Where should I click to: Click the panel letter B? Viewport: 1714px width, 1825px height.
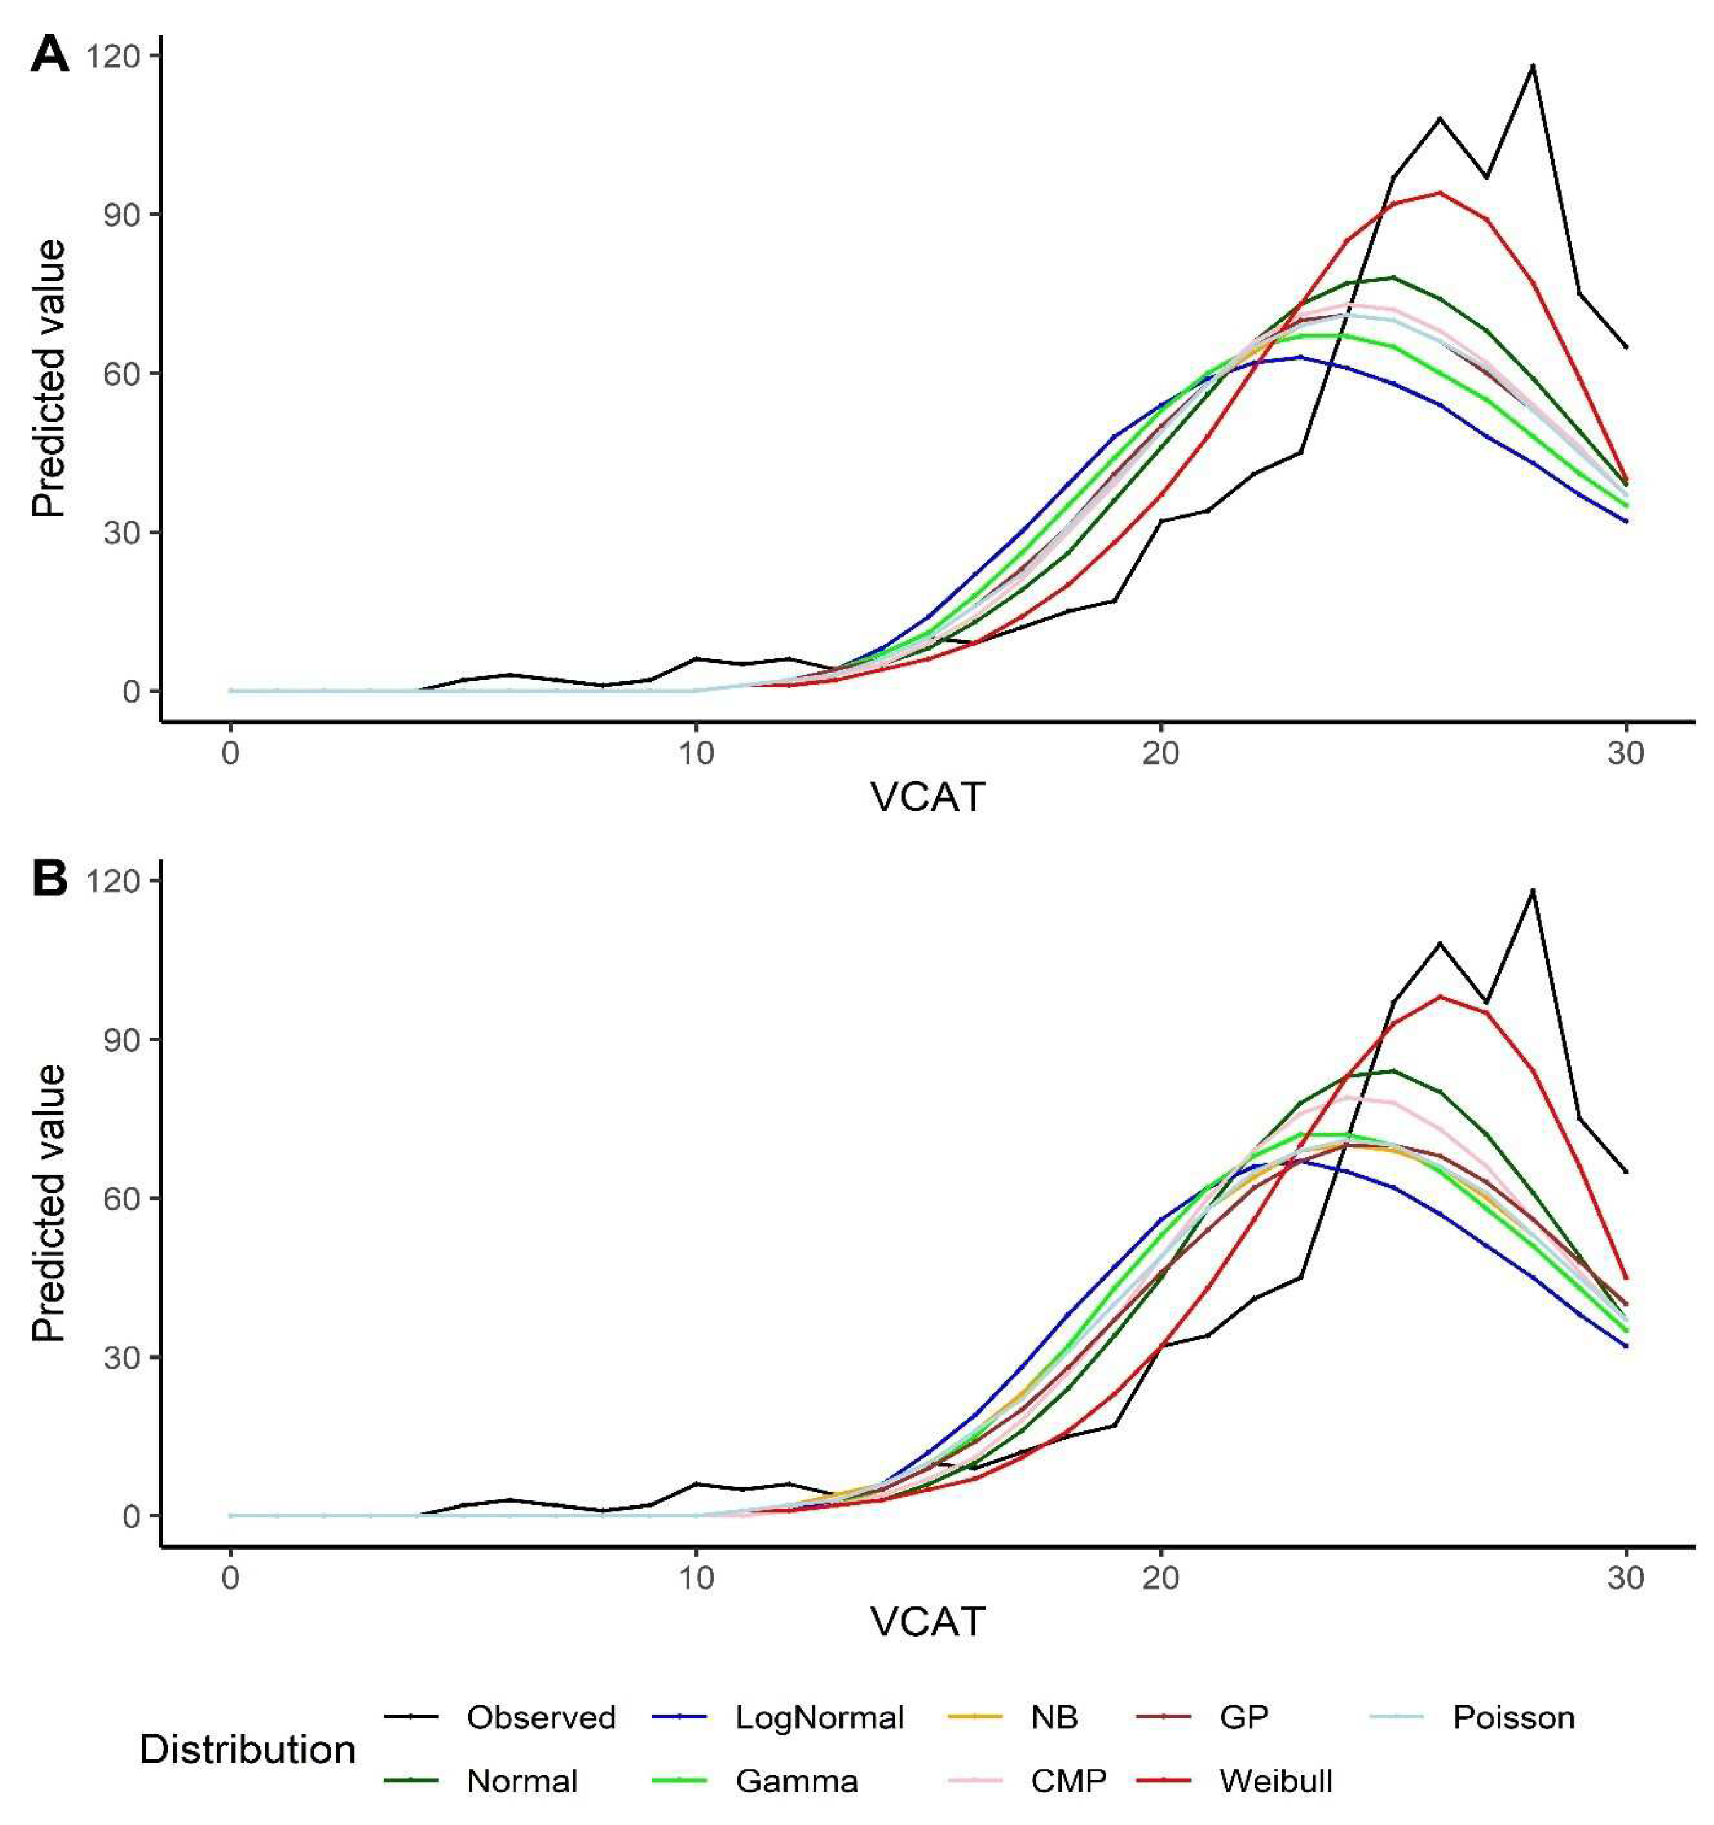(x=50, y=879)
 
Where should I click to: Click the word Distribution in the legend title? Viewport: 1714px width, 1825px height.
(x=248, y=1750)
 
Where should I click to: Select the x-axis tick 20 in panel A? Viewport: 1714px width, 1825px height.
(x=1161, y=754)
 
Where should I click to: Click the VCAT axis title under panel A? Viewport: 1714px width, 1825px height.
(x=928, y=797)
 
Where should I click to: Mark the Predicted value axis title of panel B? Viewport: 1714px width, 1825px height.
(x=50, y=1203)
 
